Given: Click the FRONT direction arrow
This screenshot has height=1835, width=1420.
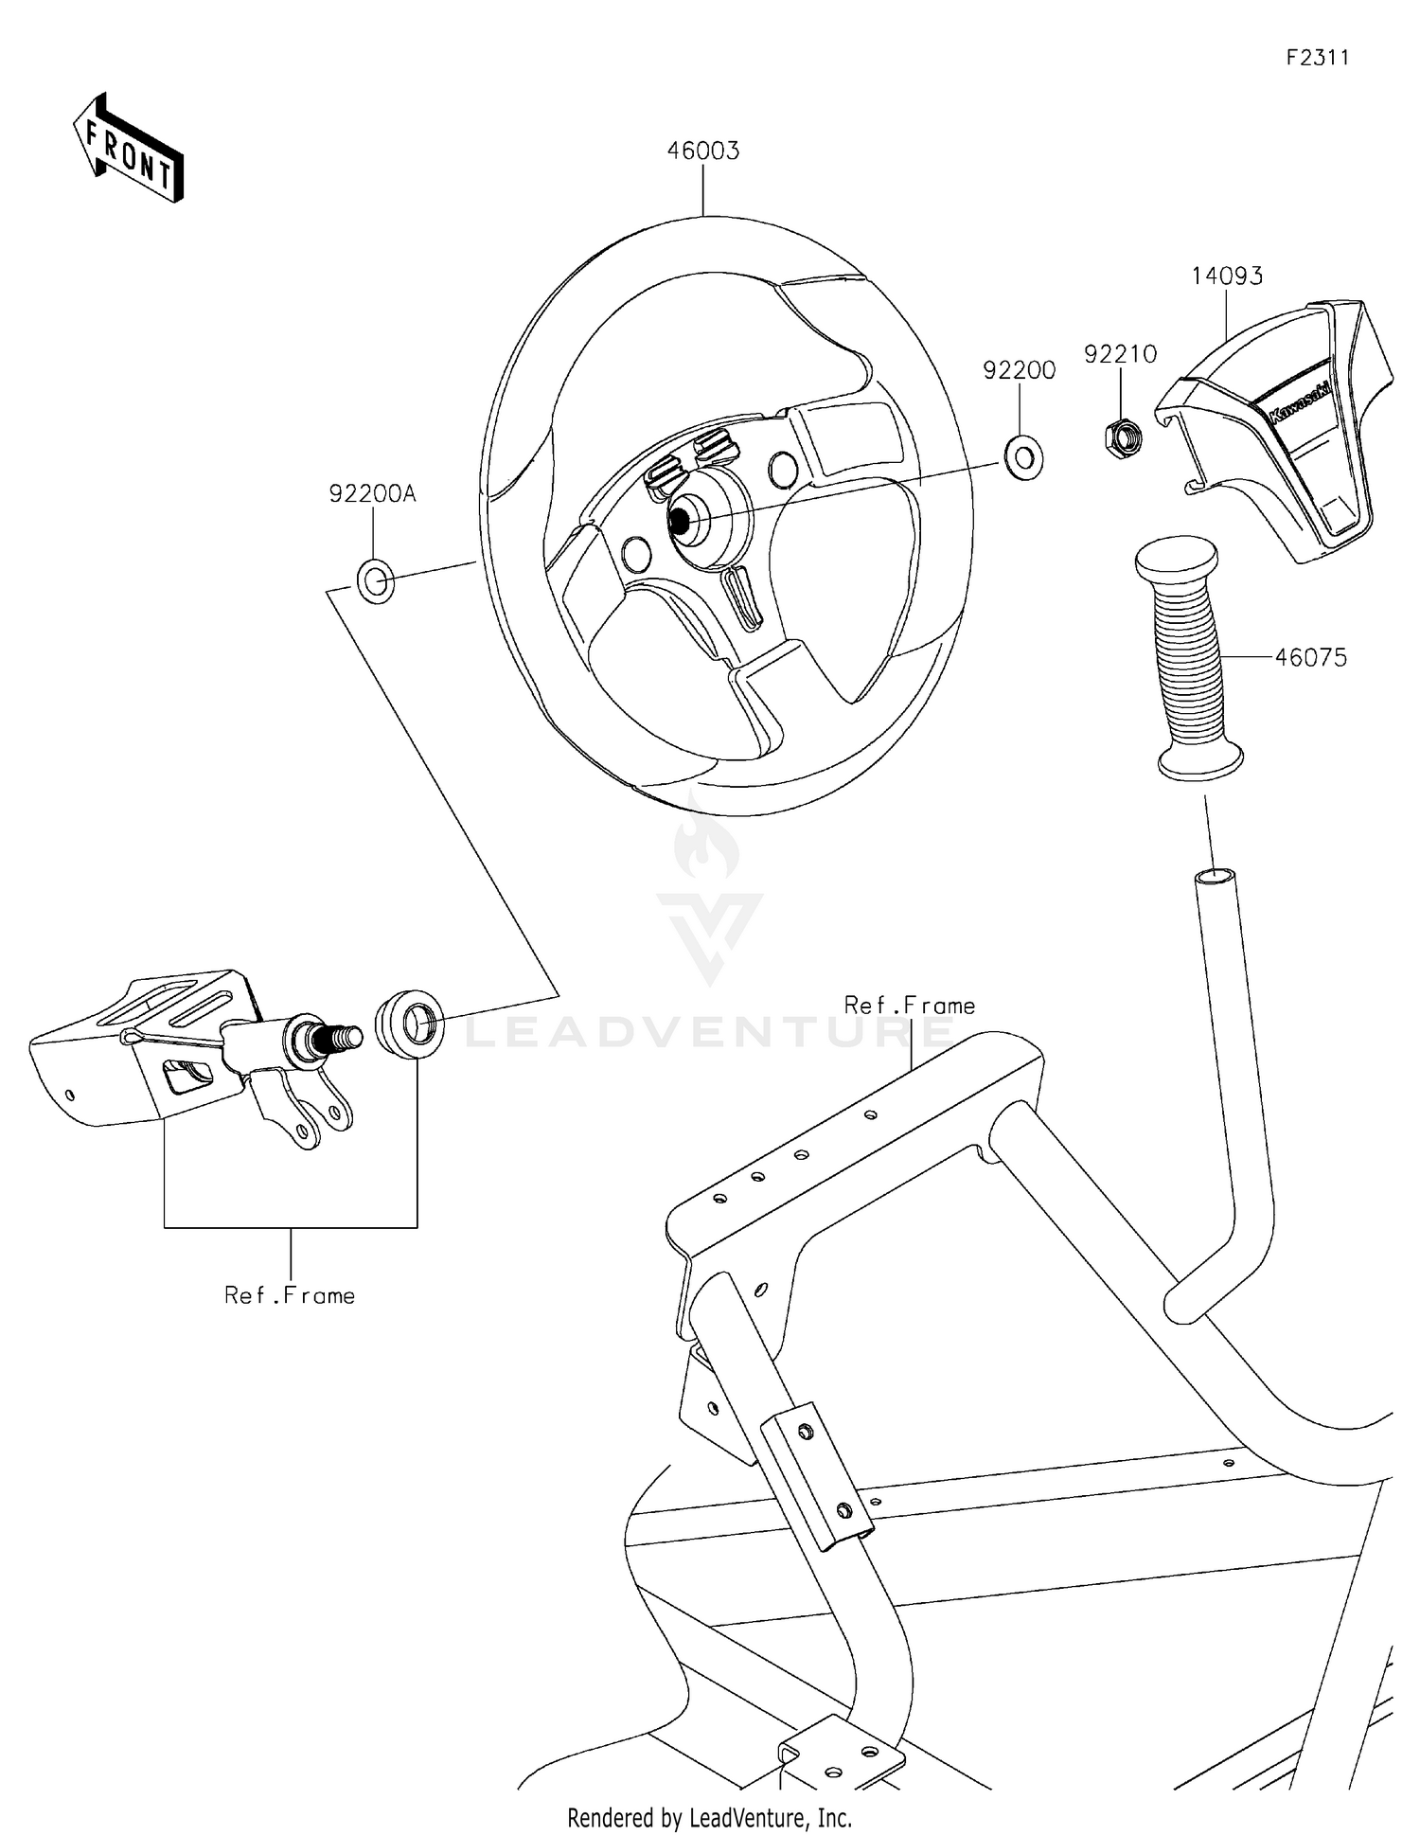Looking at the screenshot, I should [x=128, y=149].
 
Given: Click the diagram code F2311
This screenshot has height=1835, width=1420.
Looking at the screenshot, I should [x=1317, y=58].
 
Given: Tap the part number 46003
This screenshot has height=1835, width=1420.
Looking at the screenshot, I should [x=703, y=151].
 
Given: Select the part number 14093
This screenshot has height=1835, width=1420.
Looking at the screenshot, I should [x=1227, y=276].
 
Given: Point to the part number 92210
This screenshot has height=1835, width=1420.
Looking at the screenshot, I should [x=1121, y=354].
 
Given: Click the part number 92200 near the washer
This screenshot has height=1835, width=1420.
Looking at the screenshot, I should [x=1019, y=370].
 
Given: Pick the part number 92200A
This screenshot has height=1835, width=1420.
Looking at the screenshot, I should [x=372, y=493].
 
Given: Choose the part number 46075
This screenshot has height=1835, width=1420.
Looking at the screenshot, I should [x=1310, y=657].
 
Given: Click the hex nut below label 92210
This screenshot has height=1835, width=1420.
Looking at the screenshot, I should [x=1124, y=436].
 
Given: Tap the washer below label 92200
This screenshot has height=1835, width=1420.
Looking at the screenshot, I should [x=1023, y=457].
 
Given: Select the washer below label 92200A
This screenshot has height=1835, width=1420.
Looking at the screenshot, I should [x=375, y=581].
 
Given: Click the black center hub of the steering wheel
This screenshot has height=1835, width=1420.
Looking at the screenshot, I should [x=679, y=519].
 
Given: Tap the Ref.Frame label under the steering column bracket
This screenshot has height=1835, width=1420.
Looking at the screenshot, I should [x=290, y=1295].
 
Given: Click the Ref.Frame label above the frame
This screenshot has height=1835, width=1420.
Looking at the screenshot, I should [x=909, y=1006].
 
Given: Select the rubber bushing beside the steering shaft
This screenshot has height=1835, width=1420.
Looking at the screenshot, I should [x=410, y=1024].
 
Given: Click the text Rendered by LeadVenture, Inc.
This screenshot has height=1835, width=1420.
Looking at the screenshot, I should [x=709, y=1817].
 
